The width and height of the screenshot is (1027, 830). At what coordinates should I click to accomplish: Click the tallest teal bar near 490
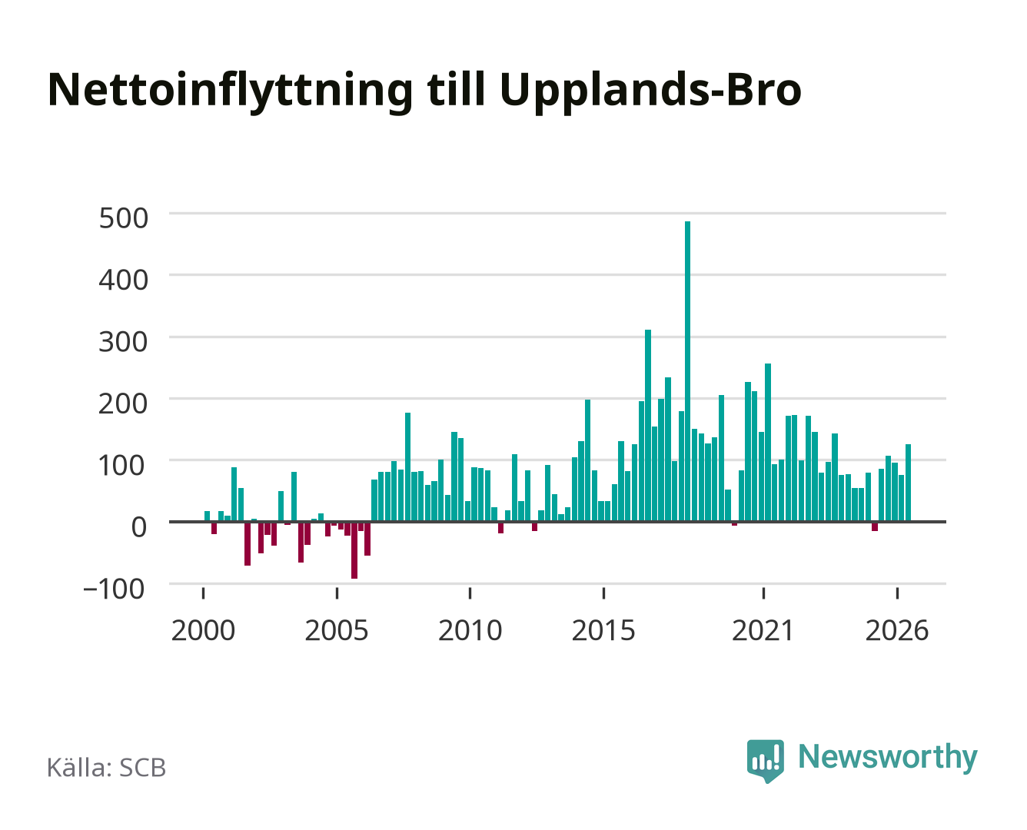pyautogui.click(x=687, y=371)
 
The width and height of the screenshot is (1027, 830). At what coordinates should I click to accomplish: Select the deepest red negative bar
pyautogui.click(x=354, y=550)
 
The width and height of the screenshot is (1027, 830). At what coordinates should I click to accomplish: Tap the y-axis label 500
pyautogui.click(x=124, y=217)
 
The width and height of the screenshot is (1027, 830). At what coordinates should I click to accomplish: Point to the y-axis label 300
pyautogui.click(x=124, y=342)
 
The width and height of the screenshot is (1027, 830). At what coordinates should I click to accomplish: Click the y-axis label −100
pyautogui.click(x=114, y=589)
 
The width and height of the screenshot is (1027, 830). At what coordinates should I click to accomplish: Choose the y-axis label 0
pyautogui.click(x=139, y=527)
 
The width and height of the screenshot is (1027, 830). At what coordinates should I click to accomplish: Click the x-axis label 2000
pyautogui.click(x=203, y=630)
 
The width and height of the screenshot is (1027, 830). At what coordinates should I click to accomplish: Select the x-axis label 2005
pyautogui.click(x=337, y=630)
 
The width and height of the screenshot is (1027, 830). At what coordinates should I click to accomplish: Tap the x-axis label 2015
pyautogui.click(x=603, y=630)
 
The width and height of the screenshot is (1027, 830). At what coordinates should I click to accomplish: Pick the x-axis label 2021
pyautogui.click(x=763, y=630)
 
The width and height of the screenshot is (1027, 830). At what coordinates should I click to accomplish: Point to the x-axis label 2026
pyautogui.click(x=897, y=630)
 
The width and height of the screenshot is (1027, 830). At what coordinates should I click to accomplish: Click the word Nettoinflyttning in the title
pyautogui.click(x=231, y=91)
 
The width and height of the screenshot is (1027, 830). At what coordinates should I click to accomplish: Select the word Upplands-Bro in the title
pyautogui.click(x=650, y=91)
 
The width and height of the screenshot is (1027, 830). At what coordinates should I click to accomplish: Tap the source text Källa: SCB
pyautogui.click(x=107, y=767)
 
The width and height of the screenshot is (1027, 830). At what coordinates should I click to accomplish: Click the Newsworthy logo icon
pyautogui.click(x=765, y=761)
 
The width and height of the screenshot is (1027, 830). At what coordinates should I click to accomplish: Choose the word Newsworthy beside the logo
pyautogui.click(x=888, y=759)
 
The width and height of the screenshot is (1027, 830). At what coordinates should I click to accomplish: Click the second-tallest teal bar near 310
pyautogui.click(x=648, y=426)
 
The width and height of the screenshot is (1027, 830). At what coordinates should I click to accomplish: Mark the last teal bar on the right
pyautogui.click(x=909, y=483)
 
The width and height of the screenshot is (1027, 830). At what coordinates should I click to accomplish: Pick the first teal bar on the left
pyautogui.click(x=208, y=516)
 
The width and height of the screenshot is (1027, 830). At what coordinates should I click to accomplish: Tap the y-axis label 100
pyautogui.click(x=121, y=465)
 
